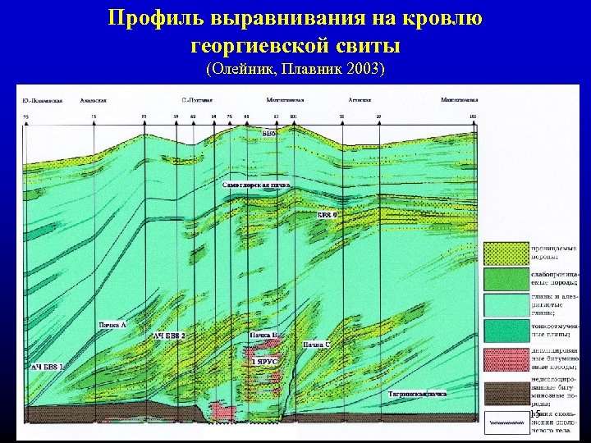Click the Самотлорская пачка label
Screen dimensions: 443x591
coord(257,186)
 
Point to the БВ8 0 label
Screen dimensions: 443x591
coord(333,214)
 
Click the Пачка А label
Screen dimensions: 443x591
coord(112,326)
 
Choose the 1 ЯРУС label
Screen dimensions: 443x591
coord(265,361)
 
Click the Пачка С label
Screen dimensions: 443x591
coord(316,345)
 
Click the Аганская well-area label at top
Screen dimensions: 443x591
coord(359,100)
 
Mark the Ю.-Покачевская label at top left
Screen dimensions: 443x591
coord(43,100)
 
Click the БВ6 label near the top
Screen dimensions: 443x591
coord(268,132)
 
